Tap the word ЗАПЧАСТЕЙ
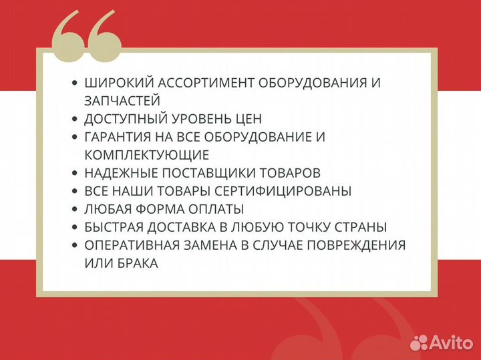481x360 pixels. (x=122, y=101)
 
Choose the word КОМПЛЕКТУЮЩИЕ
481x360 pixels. (x=146, y=155)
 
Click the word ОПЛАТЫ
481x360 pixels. (x=219, y=209)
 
